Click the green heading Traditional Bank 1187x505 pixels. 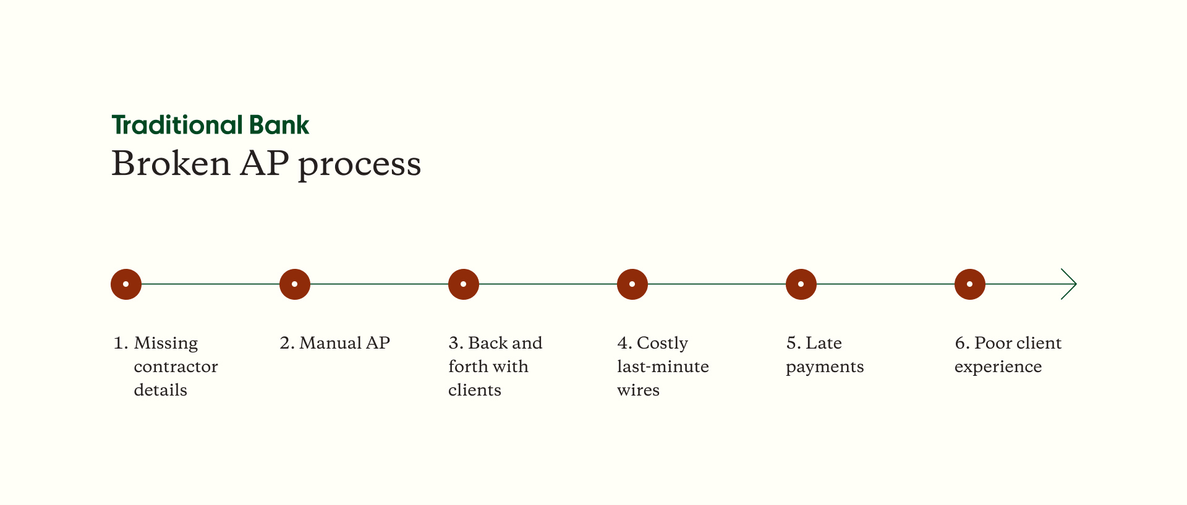[210, 125]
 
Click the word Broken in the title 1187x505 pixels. [171, 164]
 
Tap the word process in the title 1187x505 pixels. [359, 165]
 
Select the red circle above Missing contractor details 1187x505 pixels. [126, 284]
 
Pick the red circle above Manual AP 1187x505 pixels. [295, 284]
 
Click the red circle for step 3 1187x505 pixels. [464, 284]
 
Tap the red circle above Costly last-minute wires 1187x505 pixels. [632, 284]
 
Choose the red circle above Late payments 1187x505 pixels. [801, 284]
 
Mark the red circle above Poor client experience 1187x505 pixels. [970, 284]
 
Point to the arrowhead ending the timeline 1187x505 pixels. [1070, 284]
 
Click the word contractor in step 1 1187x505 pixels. [176, 367]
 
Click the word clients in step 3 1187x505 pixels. [474, 390]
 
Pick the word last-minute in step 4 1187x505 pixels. [663, 367]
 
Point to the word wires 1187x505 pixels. [638, 390]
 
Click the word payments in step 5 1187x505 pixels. [825, 367]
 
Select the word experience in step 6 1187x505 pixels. [998, 367]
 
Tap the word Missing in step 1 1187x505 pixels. [166, 344]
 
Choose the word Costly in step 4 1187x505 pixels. [662, 344]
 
